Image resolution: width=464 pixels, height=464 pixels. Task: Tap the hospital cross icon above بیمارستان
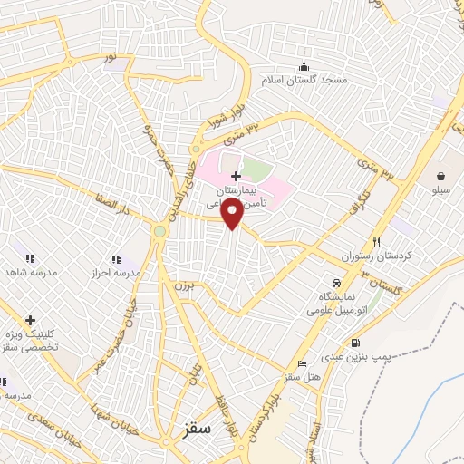[236, 175]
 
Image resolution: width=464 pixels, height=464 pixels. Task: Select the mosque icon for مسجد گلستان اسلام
[304, 64]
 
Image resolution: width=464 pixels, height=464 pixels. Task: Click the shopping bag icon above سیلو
[440, 176]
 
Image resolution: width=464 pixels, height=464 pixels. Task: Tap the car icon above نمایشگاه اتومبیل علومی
[337, 283]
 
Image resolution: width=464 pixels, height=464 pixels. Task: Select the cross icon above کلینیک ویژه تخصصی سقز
[31, 320]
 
